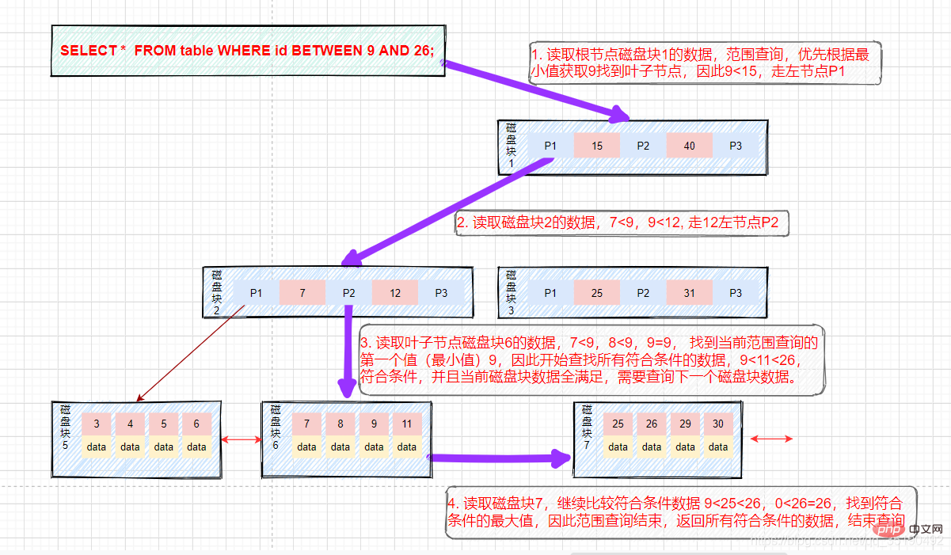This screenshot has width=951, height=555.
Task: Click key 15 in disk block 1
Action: (596, 146)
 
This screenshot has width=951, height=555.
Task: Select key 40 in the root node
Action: (689, 146)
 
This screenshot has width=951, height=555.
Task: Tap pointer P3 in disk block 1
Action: (736, 146)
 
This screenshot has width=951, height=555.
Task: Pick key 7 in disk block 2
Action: (302, 293)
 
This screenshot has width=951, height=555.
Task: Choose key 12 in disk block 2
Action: (394, 293)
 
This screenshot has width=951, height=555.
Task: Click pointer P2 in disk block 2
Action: (348, 293)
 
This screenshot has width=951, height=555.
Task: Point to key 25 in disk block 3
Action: (596, 293)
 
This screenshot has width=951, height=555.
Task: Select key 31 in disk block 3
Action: (689, 293)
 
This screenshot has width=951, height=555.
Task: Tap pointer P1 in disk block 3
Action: (550, 293)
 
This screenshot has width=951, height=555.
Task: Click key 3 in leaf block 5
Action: (97, 424)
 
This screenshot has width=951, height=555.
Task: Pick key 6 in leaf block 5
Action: (196, 424)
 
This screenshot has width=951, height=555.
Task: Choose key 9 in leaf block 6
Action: (374, 424)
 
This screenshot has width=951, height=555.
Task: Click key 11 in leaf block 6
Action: (407, 424)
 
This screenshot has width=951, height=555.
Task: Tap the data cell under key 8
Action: (340, 447)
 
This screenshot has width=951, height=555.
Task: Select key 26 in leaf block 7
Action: (652, 424)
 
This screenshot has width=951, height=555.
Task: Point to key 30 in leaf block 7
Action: (718, 424)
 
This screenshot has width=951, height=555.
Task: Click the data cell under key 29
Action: (685, 447)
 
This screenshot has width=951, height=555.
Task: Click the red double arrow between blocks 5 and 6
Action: (242, 439)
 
